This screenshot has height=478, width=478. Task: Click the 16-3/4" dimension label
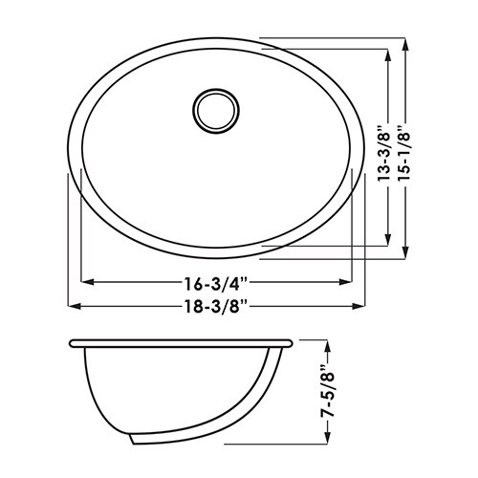(x=216, y=283)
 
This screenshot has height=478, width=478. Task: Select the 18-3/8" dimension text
(x=216, y=307)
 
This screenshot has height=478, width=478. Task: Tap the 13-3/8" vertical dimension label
(x=384, y=154)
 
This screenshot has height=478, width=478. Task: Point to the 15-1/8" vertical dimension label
(x=404, y=152)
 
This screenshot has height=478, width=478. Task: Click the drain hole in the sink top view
(x=216, y=110)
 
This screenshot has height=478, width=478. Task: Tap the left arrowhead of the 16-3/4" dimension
(x=88, y=282)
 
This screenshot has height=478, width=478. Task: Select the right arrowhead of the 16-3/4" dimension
(x=345, y=282)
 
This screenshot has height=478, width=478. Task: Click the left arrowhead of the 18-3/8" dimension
(x=74, y=306)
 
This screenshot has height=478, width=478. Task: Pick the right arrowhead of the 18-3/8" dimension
(x=358, y=306)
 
